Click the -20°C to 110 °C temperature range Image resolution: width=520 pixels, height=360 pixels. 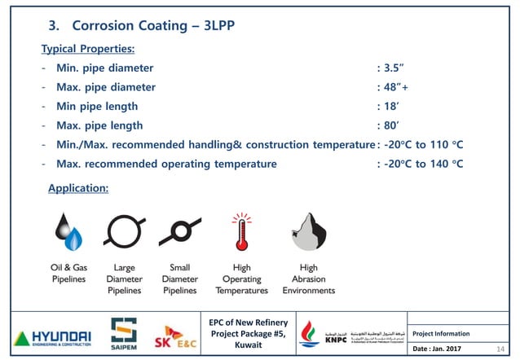[x=423, y=144]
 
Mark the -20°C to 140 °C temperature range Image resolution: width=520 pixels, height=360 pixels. [x=423, y=164]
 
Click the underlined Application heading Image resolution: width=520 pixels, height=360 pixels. [x=78, y=188]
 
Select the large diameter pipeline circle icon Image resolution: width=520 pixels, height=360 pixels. [x=124, y=231]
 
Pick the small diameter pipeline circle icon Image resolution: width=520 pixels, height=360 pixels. [x=179, y=232]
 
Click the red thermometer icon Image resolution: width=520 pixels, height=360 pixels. [x=241, y=232]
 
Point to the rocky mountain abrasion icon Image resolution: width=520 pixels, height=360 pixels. [x=308, y=231]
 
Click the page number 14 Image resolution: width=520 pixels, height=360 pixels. [x=501, y=349]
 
